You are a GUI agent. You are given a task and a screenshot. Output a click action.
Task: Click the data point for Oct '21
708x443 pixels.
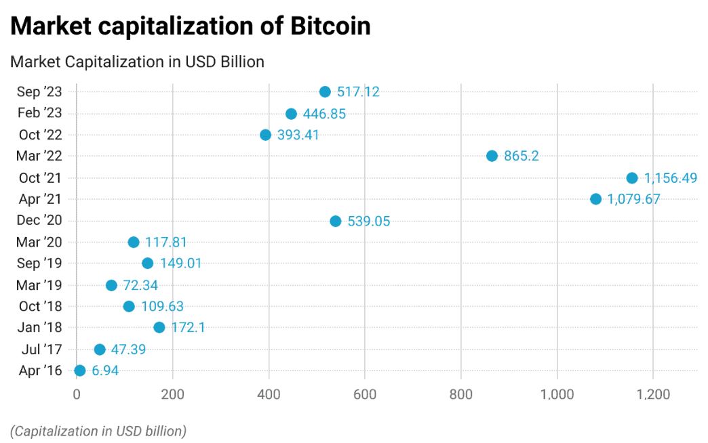[x=631, y=178]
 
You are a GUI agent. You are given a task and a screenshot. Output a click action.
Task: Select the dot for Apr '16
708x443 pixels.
[x=79, y=371]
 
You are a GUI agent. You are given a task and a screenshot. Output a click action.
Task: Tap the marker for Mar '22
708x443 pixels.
[x=492, y=156]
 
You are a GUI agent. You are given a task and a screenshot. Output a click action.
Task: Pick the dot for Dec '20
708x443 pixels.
[x=335, y=221]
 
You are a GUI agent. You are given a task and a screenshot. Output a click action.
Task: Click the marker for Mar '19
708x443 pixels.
[x=111, y=286]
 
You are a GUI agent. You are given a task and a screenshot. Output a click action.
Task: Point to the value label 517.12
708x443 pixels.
[x=358, y=92]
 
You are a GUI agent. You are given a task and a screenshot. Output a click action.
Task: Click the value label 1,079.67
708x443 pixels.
[x=633, y=199]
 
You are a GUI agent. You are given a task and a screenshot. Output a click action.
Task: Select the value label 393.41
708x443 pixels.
[x=298, y=135]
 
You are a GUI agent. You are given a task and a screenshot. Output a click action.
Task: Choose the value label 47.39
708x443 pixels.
[x=128, y=350]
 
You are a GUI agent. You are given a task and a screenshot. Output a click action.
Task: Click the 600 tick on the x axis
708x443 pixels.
[x=365, y=395]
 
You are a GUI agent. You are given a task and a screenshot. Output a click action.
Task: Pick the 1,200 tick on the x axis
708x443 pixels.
[x=653, y=395]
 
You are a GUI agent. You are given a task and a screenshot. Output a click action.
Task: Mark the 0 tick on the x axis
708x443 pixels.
[x=76, y=395]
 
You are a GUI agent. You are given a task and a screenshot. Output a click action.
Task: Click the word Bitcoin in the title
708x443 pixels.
[x=331, y=26]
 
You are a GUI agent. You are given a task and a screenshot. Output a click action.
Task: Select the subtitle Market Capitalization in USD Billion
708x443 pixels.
[x=137, y=62]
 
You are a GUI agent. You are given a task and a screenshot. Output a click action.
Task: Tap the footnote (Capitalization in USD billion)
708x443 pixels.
[x=98, y=431]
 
